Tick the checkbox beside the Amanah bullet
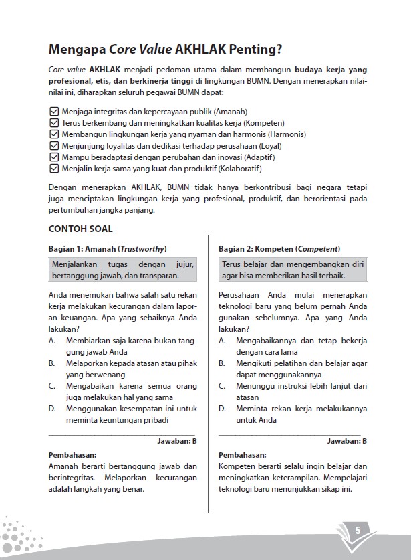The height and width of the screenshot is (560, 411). [x=54, y=112]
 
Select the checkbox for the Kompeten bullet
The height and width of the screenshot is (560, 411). [x=54, y=123]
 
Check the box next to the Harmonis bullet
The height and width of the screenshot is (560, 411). [x=54, y=134]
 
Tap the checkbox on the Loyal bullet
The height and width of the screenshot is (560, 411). [x=54, y=146]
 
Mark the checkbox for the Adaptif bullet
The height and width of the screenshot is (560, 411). [x=54, y=157]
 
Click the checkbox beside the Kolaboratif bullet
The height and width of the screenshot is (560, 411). [x=54, y=169]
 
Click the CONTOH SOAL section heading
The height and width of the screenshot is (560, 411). [x=80, y=228]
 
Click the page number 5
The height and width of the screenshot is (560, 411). [x=358, y=530]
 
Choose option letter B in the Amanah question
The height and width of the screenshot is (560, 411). [x=52, y=363]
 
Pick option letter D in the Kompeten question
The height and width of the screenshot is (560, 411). [x=222, y=409]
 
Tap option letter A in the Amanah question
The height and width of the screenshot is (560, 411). [x=52, y=341]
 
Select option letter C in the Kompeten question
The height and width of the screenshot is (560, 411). [x=222, y=386]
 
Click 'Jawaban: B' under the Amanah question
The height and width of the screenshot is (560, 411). [x=176, y=442]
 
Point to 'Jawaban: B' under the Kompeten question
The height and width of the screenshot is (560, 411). [x=347, y=442]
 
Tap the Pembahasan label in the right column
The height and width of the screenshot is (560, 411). [x=242, y=455]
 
